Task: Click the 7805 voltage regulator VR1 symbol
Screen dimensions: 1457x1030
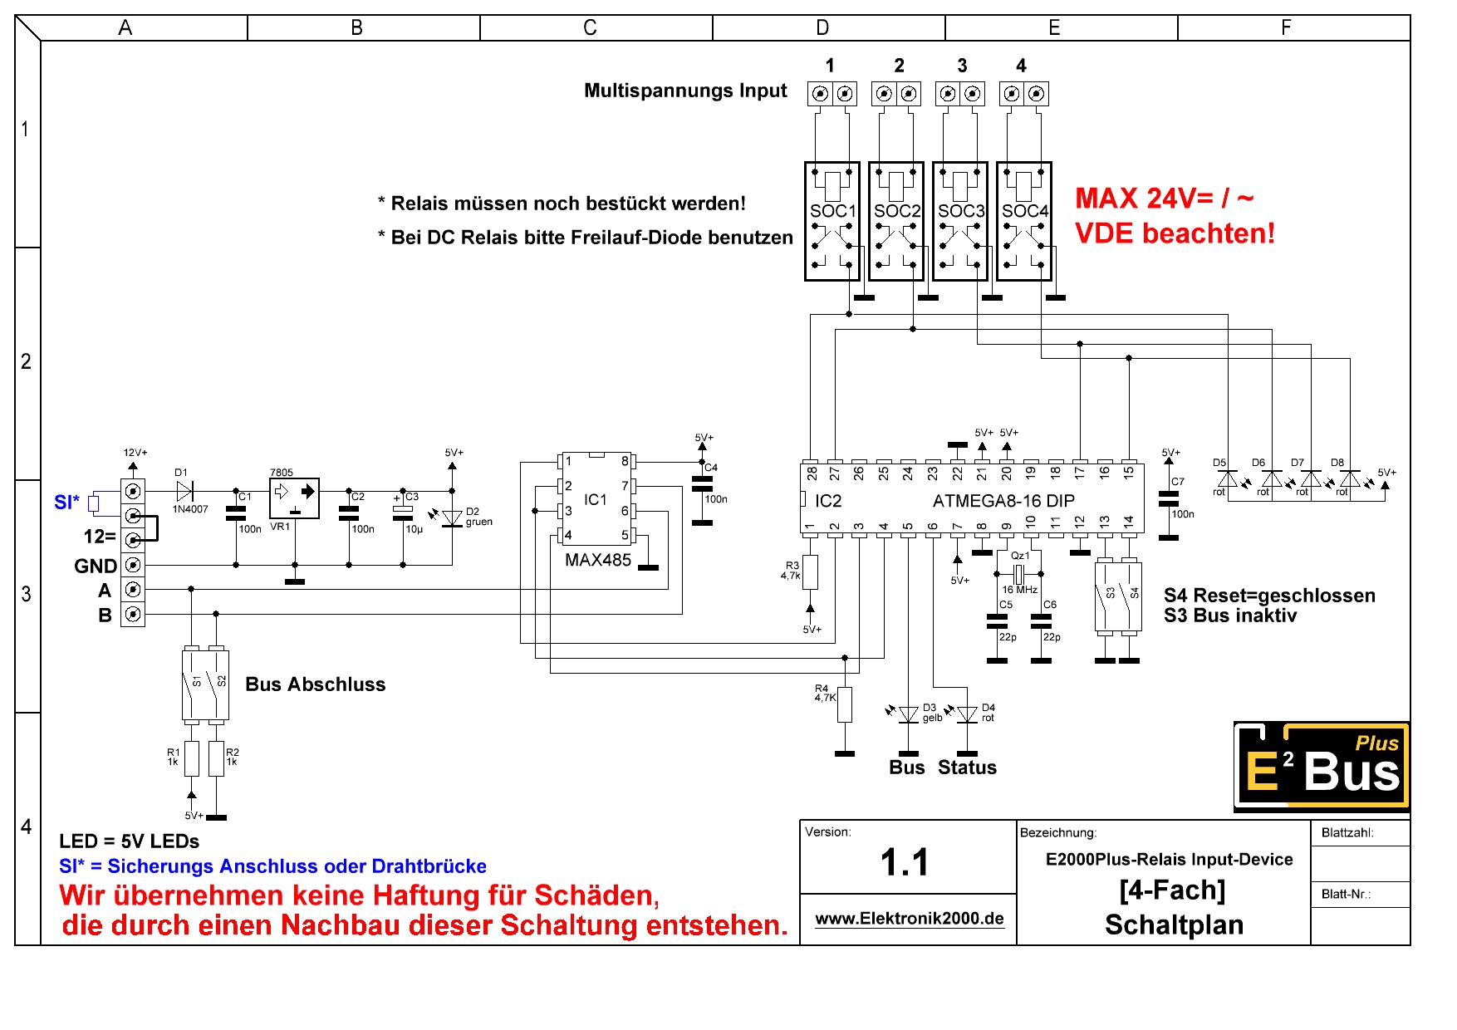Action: [294, 498]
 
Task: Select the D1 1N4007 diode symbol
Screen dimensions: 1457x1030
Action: [184, 491]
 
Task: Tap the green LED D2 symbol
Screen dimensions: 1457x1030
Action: [451, 518]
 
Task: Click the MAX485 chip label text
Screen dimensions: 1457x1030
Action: [598, 560]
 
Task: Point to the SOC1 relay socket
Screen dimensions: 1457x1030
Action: [832, 221]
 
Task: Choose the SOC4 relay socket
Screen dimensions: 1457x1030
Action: [1024, 221]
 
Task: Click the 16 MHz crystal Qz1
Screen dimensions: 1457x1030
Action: [1019, 573]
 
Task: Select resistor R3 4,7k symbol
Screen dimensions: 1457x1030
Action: [810, 572]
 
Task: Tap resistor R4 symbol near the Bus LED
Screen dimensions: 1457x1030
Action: [845, 704]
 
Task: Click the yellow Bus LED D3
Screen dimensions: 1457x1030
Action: [909, 714]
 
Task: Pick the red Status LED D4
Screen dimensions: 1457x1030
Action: [967, 714]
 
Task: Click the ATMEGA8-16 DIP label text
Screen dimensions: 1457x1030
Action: [1003, 501]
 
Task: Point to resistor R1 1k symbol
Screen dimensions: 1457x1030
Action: [192, 758]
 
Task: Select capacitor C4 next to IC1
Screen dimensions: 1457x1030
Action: [702, 484]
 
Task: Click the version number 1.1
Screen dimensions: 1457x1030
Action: [905, 862]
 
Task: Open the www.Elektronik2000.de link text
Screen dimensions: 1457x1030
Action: [910, 918]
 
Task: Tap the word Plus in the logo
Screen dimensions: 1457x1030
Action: [1376, 743]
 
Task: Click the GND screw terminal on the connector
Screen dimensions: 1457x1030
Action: [133, 565]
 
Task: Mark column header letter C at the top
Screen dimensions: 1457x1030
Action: [590, 28]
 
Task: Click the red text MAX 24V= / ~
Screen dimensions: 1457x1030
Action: [1165, 199]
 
